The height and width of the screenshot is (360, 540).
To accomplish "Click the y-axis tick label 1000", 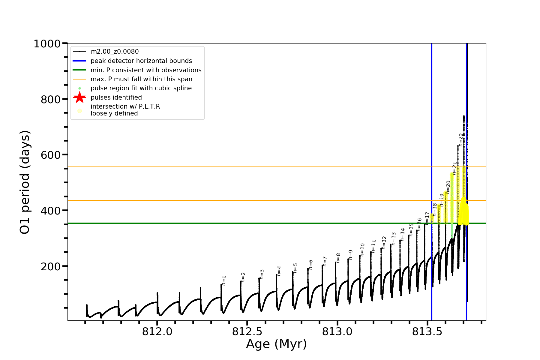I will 47,44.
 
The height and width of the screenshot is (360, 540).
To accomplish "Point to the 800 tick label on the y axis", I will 51,100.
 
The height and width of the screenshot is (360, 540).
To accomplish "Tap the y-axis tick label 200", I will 51,266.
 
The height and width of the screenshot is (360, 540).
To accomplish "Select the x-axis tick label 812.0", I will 157,331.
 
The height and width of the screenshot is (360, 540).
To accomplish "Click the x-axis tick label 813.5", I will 427,331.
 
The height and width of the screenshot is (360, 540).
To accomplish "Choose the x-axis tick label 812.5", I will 247,331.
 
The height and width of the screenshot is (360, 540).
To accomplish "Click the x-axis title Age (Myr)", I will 276,344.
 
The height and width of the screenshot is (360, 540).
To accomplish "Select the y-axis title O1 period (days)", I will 25,182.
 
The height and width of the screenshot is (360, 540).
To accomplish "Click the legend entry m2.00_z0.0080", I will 115,52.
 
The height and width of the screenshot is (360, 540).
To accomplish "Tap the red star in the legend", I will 79,97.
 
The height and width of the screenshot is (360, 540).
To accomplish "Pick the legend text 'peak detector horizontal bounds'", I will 141,61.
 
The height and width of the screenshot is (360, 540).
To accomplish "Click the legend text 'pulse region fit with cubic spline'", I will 141,88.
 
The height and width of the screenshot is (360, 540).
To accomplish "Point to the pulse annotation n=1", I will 223,280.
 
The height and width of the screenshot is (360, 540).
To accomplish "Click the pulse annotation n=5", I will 295,268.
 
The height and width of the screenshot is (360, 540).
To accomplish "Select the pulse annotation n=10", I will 362,250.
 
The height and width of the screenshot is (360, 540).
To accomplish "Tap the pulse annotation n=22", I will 461,139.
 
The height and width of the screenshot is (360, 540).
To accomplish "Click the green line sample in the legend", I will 79,70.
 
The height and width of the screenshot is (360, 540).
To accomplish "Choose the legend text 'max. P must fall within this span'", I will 141,79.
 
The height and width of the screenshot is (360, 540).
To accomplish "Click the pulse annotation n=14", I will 403,234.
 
